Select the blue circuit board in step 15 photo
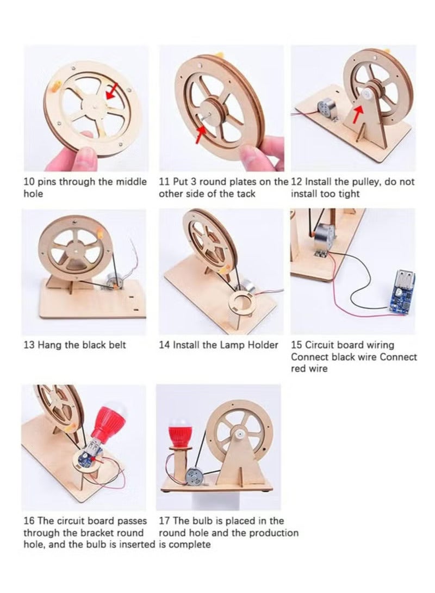pyautogui.click(x=401, y=290)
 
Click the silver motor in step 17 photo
pyautogui.click(x=194, y=477)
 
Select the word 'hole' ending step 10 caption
pyautogui.click(x=33, y=194)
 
